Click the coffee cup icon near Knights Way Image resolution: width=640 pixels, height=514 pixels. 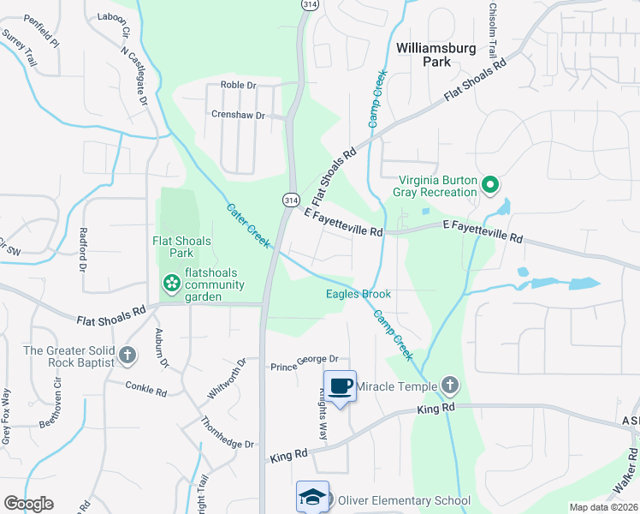click(340, 385)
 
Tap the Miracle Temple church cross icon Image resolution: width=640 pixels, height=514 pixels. click(450, 386)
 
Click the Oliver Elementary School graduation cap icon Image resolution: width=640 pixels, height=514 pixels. click(312, 498)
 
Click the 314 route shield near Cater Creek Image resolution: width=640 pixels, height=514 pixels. click(291, 199)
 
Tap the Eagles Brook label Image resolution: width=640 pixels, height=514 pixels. click(359, 294)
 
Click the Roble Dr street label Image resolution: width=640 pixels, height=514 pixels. click(239, 85)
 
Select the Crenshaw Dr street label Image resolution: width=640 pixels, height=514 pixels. click(239, 115)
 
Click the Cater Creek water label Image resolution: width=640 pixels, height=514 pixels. click(250, 226)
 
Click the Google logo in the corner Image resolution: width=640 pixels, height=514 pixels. click(28, 504)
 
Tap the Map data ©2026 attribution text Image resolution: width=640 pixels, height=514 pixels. click(603, 507)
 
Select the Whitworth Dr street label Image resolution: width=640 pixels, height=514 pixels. click(228, 380)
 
